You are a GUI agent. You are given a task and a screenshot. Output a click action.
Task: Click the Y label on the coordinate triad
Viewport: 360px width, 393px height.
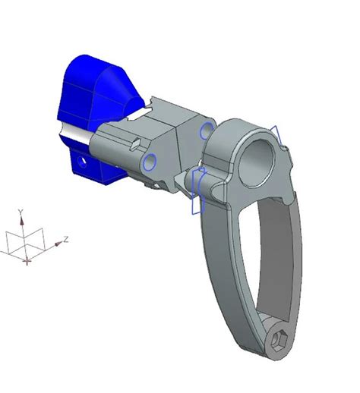(x=21, y=211)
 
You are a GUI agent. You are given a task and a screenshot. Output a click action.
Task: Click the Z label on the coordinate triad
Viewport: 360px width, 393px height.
(x=67, y=239)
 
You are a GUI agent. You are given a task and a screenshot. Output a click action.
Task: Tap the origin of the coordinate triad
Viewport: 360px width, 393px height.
(x=27, y=260)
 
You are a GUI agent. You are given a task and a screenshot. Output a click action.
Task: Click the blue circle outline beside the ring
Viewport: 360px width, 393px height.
(x=205, y=131)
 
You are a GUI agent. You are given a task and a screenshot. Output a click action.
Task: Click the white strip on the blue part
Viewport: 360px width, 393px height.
(x=76, y=134)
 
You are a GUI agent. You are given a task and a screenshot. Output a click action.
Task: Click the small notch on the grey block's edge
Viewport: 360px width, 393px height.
(x=134, y=142)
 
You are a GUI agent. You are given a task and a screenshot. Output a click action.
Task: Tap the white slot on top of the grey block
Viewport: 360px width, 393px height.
(x=144, y=114)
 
